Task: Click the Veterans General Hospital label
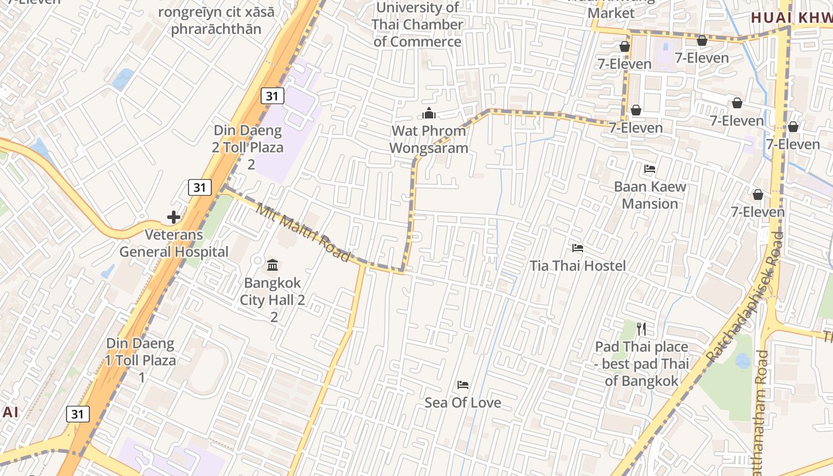tap(174, 243)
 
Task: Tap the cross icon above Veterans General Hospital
tap(174, 217)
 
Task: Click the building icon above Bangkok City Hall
tap(273, 264)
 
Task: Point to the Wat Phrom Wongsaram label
tap(428, 139)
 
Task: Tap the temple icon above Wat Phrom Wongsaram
tap(428, 113)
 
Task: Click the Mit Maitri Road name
tap(302, 232)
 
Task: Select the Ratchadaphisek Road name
tap(744, 297)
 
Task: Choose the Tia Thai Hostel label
tap(578, 265)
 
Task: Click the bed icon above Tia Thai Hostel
tap(577, 248)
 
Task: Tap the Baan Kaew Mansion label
tap(650, 195)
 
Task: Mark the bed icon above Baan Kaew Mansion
tap(650, 169)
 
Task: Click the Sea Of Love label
tap(463, 403)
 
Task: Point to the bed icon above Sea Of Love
tap(463, 385)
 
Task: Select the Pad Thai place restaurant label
tap(641, 364)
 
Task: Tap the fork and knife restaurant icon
tap(641, 329)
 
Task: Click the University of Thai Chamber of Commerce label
tap(417, 24)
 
